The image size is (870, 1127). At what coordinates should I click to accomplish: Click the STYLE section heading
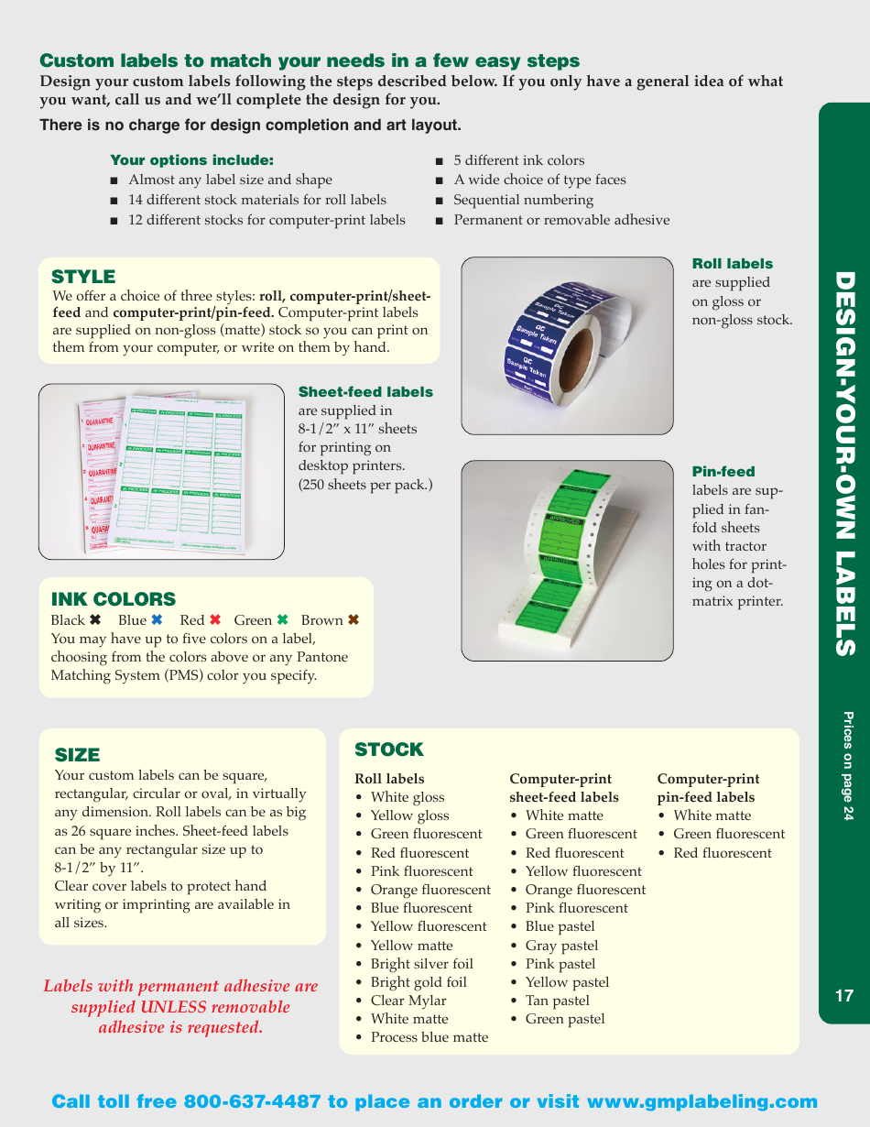coord(83,277)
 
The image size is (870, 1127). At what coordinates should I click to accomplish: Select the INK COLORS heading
coord(114,599)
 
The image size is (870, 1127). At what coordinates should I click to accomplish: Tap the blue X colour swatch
coord(157,620)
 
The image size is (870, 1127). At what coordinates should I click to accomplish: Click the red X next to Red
coord(215,620)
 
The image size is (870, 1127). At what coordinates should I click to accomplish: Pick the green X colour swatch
coord(283,620)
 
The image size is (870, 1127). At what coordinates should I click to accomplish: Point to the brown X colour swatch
coord(353,620)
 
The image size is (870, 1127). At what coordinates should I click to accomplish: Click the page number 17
coord(843,996)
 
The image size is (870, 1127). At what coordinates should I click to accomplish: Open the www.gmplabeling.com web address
coord(701,1101)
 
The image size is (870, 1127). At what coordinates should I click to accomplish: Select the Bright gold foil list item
coord(419,982)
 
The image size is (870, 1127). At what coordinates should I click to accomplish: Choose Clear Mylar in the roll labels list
coord(408,1001)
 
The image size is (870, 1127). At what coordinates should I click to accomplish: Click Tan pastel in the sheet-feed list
coord(557,1001)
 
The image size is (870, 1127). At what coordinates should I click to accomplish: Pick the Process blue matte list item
coord(429,1037)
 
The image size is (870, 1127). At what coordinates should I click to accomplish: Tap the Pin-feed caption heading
coord(723,472)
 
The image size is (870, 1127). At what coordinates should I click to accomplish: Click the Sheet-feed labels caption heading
coord(365,392)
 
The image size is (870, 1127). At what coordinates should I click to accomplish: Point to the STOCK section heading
coord(389,750)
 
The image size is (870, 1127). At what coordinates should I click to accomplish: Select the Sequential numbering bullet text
coord(523,200)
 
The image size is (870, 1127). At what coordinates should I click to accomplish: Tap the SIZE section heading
coord(77,755)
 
